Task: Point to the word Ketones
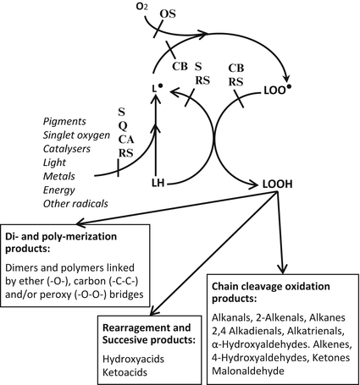[x=325, y=355]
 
